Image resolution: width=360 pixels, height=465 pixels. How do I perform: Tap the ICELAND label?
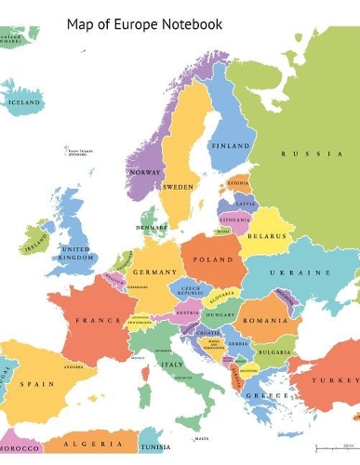tap(25, 102)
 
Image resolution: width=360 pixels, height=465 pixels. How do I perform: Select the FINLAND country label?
tap(230, 146)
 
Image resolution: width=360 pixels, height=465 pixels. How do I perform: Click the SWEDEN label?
tap(178, 187)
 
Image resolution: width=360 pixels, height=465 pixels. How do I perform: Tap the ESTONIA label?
tap(240, 183)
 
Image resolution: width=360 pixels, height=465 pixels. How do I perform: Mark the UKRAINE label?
tap(300, 272)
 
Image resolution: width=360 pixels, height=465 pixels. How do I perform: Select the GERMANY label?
tap(154, 272)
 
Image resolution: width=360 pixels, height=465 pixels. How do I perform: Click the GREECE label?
tap(261, 394)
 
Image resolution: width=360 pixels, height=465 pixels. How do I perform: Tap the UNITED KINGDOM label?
tap(76, 253)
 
